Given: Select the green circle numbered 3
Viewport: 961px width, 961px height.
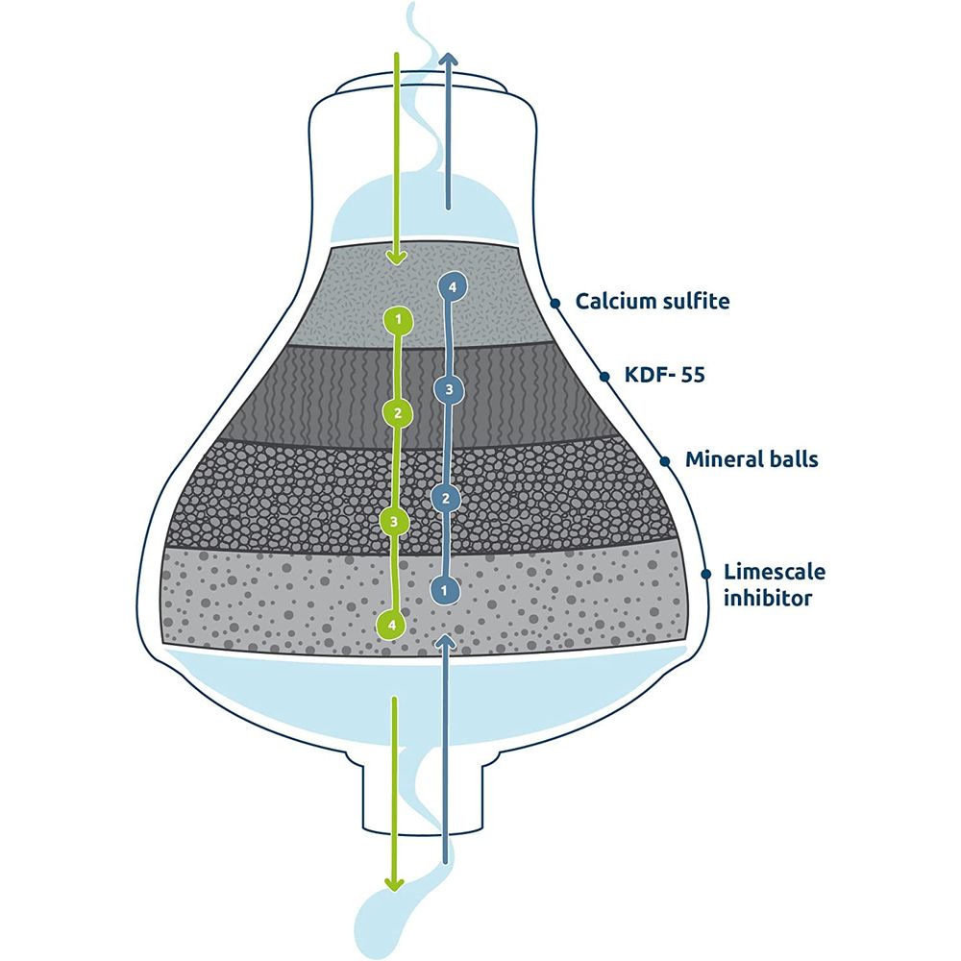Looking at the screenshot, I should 394,521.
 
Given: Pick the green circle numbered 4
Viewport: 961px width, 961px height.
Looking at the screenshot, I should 392,624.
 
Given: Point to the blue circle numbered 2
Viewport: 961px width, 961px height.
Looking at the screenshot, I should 444,498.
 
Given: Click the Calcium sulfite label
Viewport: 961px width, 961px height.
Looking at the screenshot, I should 653,302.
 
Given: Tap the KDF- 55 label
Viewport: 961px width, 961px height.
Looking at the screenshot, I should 665,375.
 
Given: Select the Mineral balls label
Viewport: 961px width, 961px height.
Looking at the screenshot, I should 752,459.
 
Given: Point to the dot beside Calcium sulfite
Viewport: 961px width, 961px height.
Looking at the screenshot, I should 554,303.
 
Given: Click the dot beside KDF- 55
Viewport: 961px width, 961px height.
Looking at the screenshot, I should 604,376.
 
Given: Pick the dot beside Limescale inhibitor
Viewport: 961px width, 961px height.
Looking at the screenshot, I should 705,574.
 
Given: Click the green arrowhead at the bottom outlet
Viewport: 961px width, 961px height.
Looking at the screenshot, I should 392,883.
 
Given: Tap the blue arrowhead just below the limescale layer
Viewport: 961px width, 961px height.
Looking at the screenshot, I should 444,641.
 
